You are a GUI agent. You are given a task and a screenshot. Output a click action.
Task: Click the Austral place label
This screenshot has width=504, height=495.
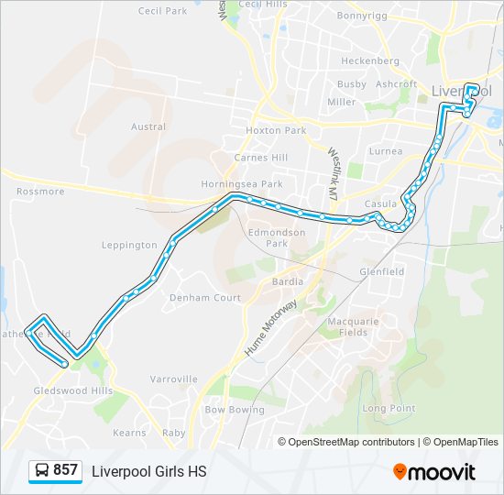click(x=148, y=126)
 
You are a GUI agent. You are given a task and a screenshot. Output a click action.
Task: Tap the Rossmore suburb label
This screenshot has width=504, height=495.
click(x=40, y=192)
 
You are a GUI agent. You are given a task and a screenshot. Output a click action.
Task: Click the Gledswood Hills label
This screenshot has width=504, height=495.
click(x=73, y=390)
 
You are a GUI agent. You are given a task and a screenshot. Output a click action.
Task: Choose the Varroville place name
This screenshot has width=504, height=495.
click(x=174, y=379)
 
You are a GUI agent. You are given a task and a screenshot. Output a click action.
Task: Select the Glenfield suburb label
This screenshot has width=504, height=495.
click(x=382, y=272)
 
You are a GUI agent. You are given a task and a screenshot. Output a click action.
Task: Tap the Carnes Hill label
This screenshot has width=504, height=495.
click(x=261, y=158)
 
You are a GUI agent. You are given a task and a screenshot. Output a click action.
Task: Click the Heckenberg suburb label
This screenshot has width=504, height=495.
click(x=370, y=60)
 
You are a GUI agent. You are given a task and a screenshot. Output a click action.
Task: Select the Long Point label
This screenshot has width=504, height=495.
click(x=389, y=408)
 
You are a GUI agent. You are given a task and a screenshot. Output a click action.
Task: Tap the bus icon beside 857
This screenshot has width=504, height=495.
click(x=41, y=470)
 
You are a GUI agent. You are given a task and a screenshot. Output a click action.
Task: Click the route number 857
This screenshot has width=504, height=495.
click(x=65, y=470)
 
